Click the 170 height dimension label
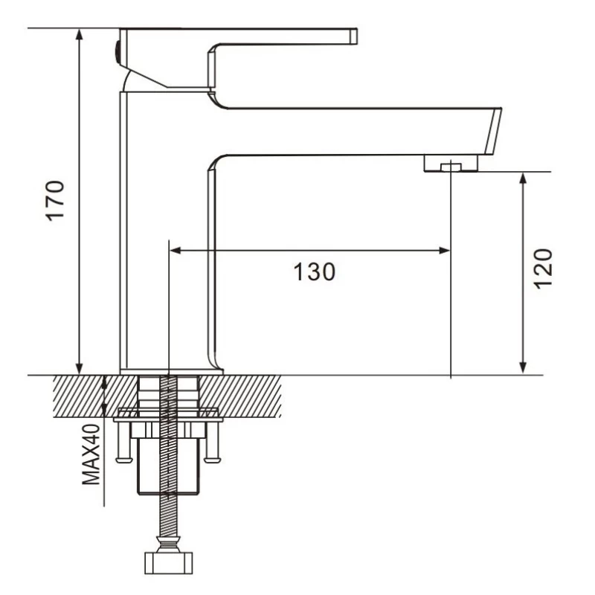(55, 201)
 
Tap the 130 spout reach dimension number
(315, 271)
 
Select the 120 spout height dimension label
(543, 269)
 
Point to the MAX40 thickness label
(91, 454)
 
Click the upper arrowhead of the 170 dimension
(79, 34)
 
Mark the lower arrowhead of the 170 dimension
(79, 368)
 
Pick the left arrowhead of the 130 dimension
(176, 251)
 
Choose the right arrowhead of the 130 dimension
(444, 251)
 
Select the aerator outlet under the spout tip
(451, 163)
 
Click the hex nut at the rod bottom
(169, 563)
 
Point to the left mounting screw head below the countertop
(124, 460)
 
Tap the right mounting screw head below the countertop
(212, 460)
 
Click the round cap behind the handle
(118, 52)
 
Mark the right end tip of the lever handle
(357, 36)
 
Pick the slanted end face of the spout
(493, 132)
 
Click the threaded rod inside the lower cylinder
(169, 466)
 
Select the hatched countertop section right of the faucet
(240, 396)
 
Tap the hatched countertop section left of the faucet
(95, 396)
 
